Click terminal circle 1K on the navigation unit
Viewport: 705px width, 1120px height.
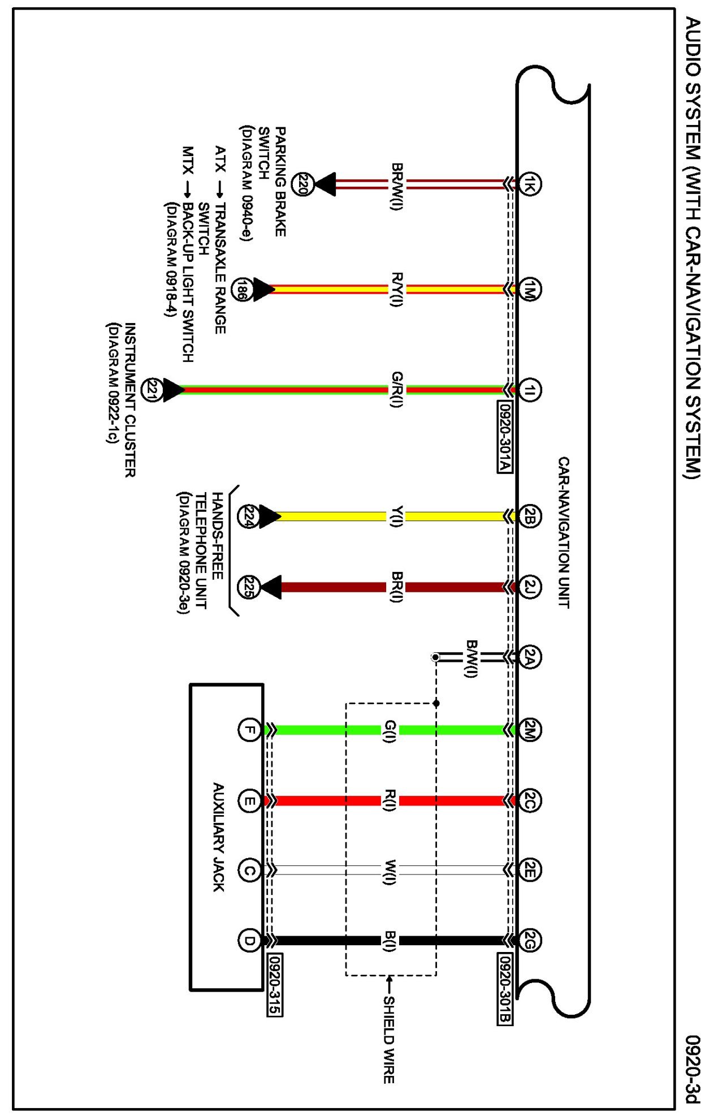coord(530,184)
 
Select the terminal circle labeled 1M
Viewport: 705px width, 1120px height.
coord(530,290)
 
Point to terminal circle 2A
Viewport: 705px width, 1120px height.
coord(530,657)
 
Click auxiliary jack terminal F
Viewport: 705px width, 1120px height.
coord(249,730)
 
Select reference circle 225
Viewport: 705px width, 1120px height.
coord(248,587)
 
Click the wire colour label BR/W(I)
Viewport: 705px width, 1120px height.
coord(397,187)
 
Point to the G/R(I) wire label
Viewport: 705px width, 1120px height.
coord(397,390)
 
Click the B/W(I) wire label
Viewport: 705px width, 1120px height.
coord(472,658)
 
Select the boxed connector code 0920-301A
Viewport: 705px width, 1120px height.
coord(505,437)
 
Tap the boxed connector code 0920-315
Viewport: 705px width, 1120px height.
coord(274,984)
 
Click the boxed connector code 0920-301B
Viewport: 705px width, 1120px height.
coord(505,989)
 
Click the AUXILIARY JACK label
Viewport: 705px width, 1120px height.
coord(219,837)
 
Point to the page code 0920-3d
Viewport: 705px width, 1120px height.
coord(693,1069)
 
